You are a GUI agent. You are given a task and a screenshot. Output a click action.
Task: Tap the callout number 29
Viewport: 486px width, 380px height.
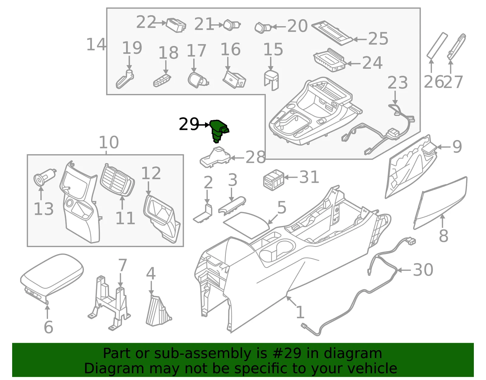tap(189, 124)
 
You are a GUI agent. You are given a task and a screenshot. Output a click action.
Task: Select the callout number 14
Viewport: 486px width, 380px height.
tap(96, 44)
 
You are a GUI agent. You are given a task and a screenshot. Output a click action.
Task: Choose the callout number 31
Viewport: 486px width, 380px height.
tap(309, 177)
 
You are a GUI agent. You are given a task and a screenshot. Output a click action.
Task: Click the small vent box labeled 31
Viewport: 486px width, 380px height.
tap(274, 180)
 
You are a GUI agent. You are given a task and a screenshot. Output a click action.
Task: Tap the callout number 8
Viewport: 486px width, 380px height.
tap(443, 235)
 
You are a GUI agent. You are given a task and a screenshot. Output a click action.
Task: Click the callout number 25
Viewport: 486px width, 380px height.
tap(378, 39)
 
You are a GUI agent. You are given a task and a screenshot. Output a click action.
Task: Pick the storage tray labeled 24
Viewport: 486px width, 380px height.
tap(330, 60)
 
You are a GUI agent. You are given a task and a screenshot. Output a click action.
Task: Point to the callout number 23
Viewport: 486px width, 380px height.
tap(397, 82)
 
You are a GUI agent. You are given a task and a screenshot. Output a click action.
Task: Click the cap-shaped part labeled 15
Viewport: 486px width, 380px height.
tap(271, 80)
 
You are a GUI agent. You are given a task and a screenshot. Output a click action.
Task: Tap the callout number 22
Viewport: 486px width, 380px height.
tap(146, 22)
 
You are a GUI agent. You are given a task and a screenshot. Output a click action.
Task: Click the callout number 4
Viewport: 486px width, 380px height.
tap(151, 274)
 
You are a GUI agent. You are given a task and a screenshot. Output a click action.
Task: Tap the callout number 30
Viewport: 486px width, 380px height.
tap(423, 270)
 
